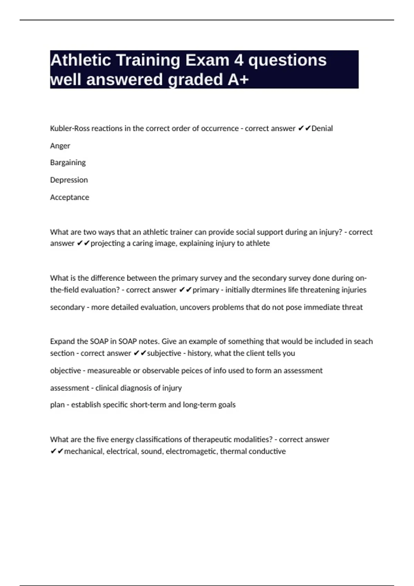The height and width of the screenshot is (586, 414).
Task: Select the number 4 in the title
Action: (239, 60)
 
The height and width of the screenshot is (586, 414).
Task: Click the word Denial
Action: (322, 129)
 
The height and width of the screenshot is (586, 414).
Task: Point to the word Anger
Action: (60, 146)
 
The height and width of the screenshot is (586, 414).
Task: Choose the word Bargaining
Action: (68, 163)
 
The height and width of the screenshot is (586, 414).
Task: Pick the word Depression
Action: (69, 180)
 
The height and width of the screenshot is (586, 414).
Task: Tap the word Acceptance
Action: (70, 197)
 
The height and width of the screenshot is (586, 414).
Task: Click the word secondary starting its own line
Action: (67, 307)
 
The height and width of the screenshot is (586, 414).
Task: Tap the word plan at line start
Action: (57, 405)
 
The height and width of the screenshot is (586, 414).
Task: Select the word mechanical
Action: (83, 451)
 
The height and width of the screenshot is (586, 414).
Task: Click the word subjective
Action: (164, 353)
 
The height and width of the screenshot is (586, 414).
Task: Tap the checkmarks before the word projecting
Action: (83, 243)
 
